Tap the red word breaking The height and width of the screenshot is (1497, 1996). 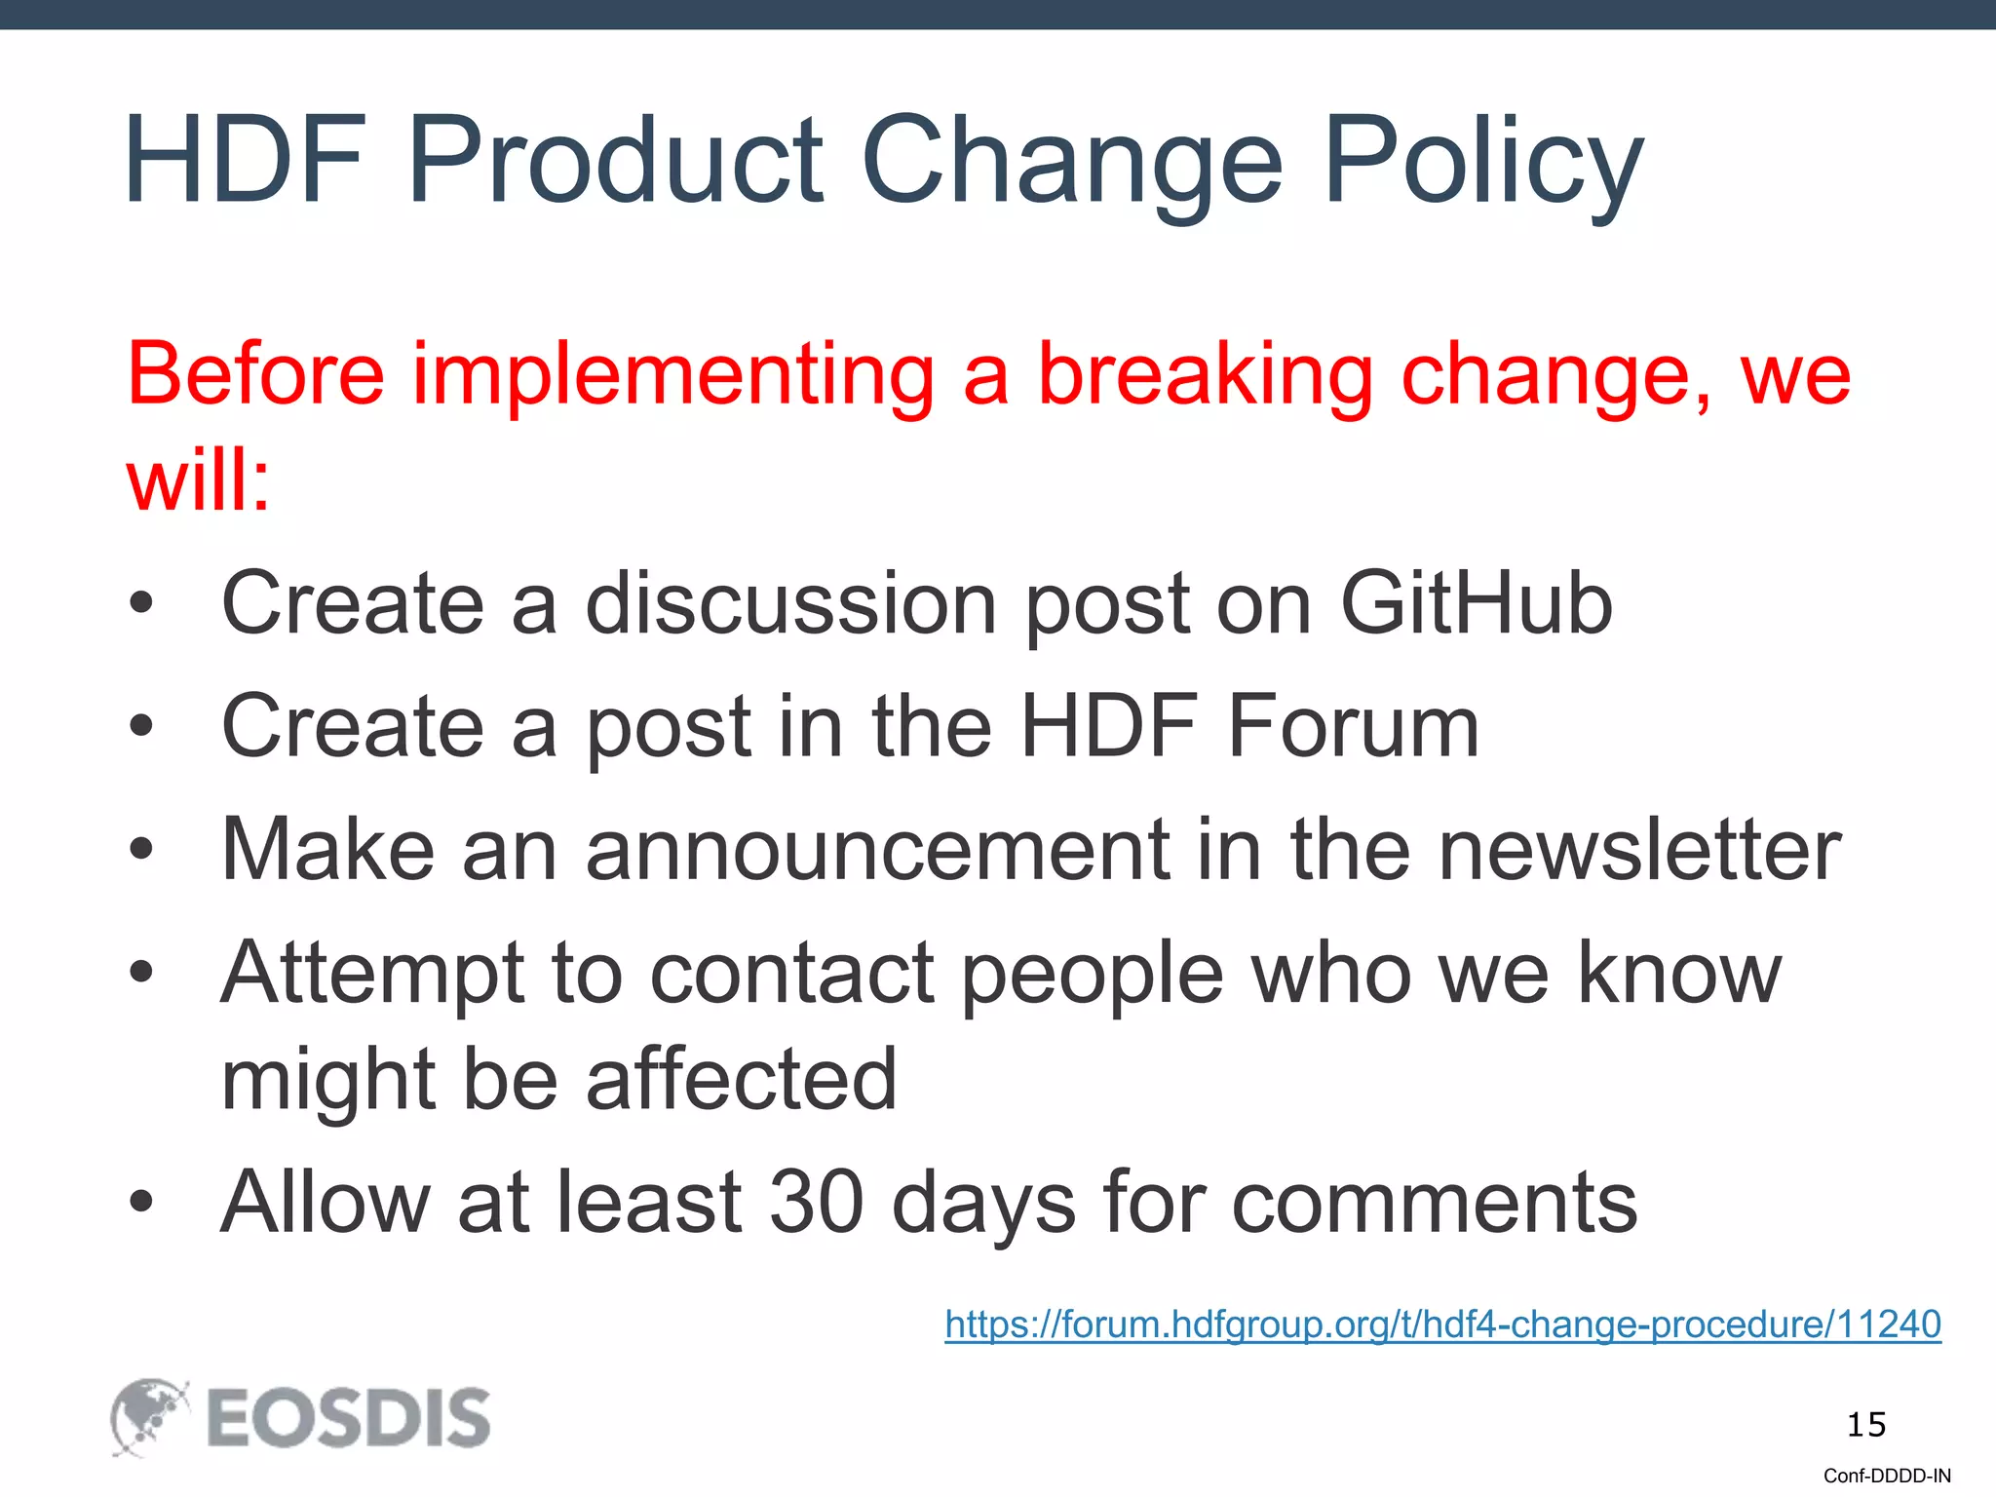tap(1206, 375)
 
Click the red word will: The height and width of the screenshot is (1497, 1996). tap(198, 480)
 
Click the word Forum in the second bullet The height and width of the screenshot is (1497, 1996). tap(1353, 726)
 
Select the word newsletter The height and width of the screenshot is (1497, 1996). tap(1639, 850)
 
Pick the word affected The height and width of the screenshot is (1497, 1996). tap(741, 1079)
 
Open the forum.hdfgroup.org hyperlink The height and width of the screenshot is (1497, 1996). tap(1442, 1324)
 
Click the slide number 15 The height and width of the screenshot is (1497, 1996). tap(1865, 1425)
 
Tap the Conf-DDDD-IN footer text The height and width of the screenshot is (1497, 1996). tap(1887, 1476)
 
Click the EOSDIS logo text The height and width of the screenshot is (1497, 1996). tap(348, 1418)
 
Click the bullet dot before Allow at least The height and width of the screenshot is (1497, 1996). tap(141, 1202)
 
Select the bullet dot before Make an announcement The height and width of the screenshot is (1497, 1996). tap(141, 849)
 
